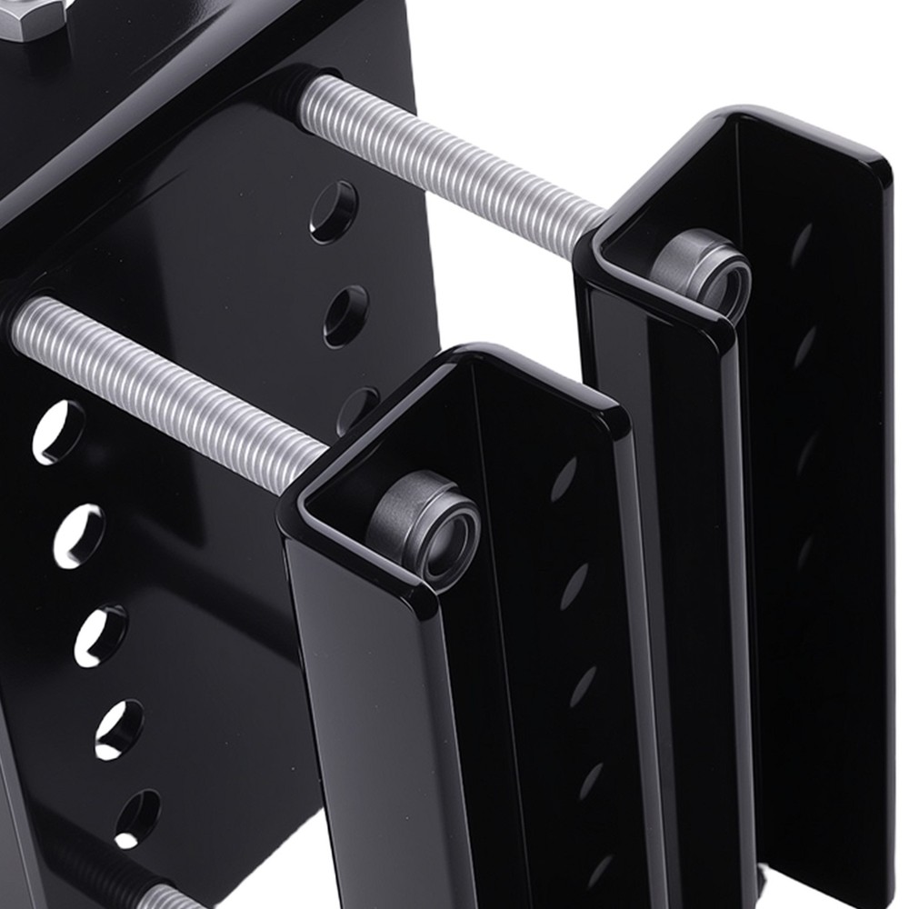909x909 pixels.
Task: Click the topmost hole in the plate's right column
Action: click(334, 212)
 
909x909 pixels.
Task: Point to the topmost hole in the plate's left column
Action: click(58, 432)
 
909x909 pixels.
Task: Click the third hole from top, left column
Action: click(100, 635)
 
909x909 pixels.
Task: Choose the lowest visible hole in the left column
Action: click(137, 814)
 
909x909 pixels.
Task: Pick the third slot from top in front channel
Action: click(583, 686)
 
